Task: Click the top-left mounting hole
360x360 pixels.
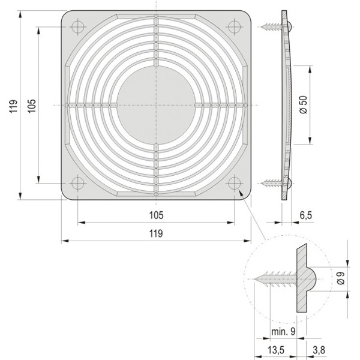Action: click(x=78, y=27)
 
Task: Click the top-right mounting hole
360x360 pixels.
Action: click(x=235, y=27)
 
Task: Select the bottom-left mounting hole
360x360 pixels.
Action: click(x=78, y=184)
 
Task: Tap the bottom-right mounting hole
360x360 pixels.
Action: click(x=235, y=184)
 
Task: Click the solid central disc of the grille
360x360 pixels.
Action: click(x=156, y=105)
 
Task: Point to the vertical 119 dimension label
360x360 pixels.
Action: click(x=13, y=106)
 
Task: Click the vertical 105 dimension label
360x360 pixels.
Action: click(x=32, y=106)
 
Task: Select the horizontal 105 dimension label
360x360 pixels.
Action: click(x=157, y=215)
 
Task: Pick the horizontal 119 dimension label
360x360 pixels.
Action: click(x=156, y=233)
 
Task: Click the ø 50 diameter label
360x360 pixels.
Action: click(x=303, y=104)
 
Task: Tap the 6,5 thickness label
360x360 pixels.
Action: click(x=306, y=215)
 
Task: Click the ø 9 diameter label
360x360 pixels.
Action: click(x=341, y=278)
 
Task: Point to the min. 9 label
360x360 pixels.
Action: click(x=283, y=331)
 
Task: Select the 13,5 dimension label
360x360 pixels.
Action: click(x=276, y=350)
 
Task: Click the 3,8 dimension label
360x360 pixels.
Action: click(x=319, y=350)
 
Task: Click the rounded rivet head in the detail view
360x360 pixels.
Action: click(x=311, y=279)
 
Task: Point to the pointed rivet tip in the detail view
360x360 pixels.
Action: click(x=255, y=279)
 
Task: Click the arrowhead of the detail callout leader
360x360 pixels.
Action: click(x=240, y=193)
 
